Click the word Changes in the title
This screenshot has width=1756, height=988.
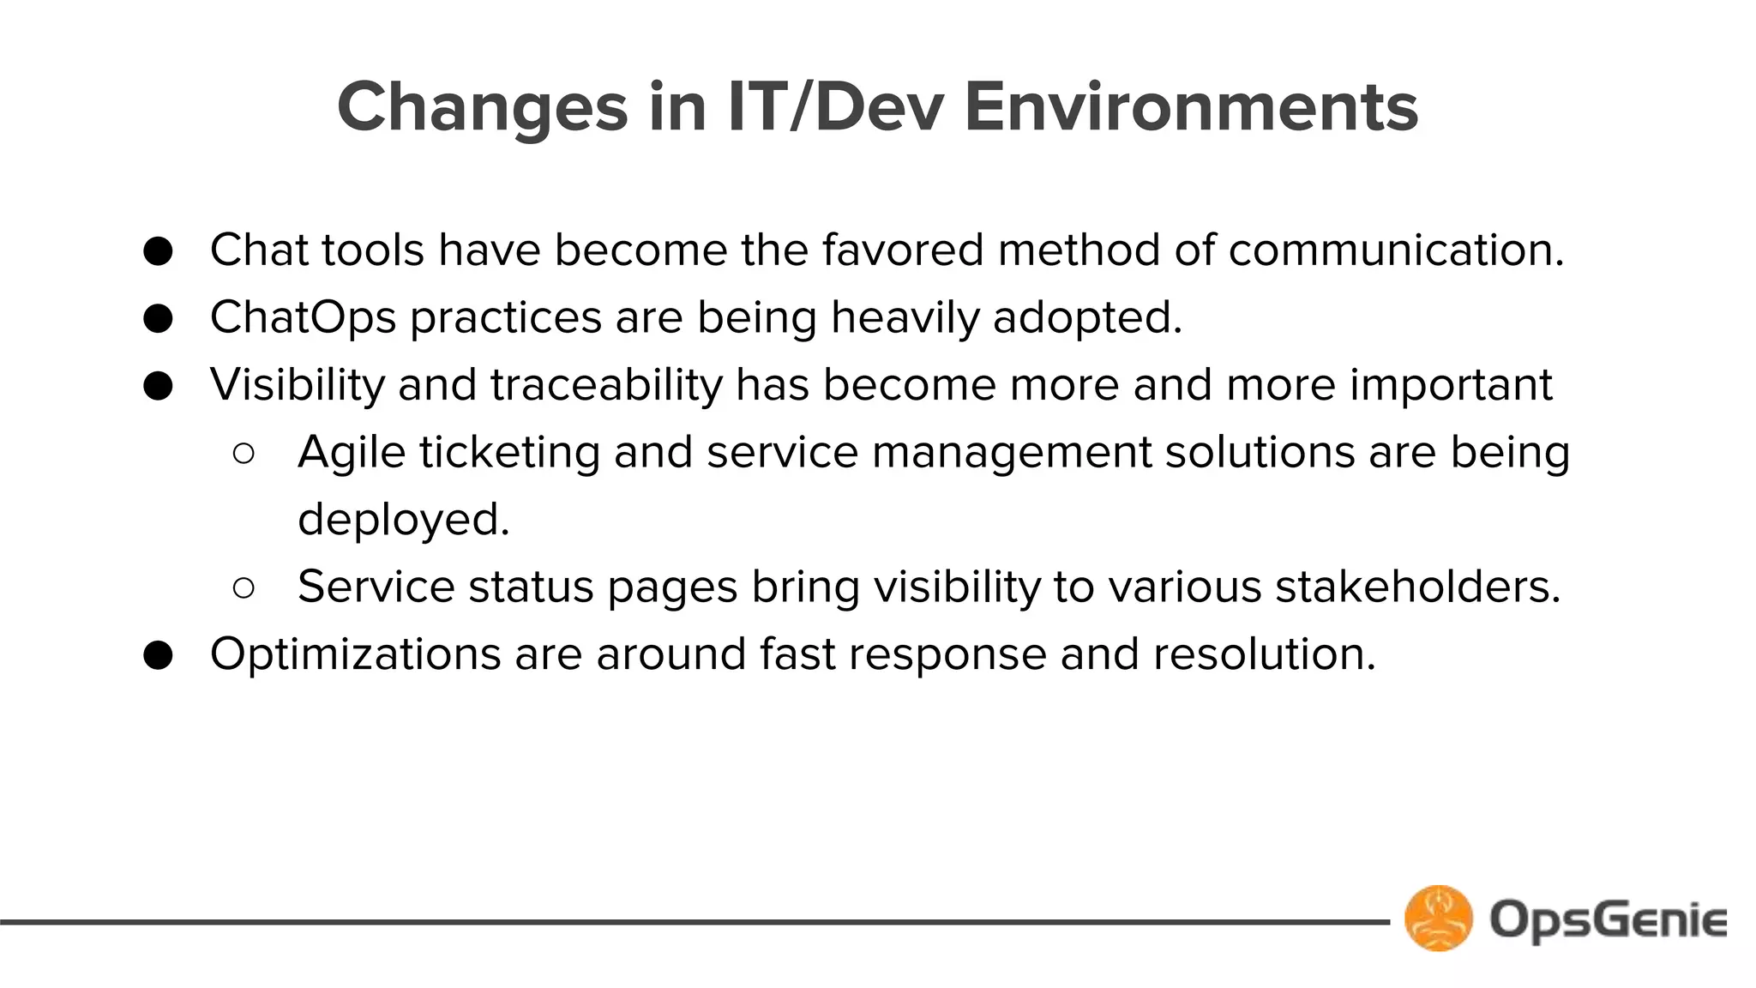(x=483, y=108)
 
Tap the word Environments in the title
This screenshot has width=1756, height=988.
(x=1191, y=108)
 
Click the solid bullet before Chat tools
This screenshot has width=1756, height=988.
(x=159, y=251)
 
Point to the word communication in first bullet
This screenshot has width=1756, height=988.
(x=1396, y=250)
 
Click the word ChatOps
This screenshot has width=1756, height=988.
(x=303, y=318)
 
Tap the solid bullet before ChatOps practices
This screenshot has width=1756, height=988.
(x=159, y=319)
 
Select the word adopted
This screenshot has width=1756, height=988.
(x=1087, y=318)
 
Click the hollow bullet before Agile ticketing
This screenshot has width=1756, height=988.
(x=244, y=454)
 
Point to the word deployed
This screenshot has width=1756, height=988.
(x=403, y=520)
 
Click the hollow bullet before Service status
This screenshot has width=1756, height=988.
(x=244, y=588)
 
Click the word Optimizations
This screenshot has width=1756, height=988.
(x=355, y=654)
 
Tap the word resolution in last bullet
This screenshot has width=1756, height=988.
(x=1264, y=654)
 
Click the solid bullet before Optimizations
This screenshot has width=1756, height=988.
(x=159, y=656)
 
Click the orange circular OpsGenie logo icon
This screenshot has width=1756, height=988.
(x=1438, y=919)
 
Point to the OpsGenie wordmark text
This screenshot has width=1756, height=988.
(x=1608, y=919)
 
